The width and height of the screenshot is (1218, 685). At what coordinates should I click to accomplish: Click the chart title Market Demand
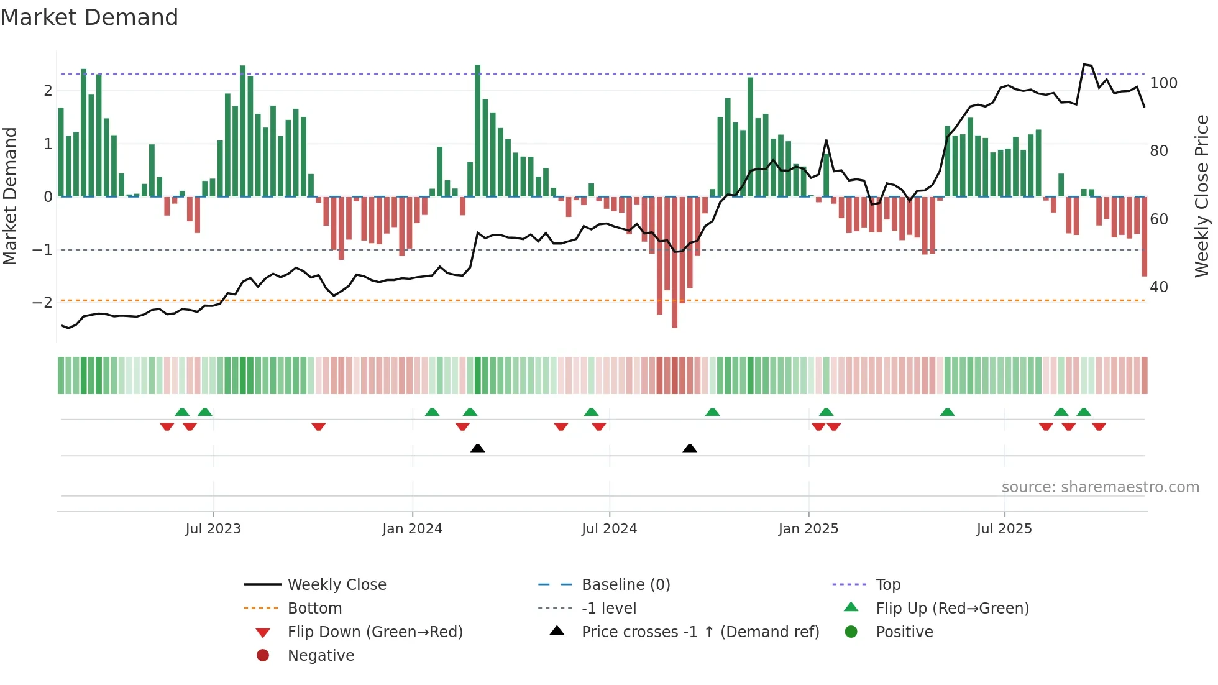(x=89, y=17)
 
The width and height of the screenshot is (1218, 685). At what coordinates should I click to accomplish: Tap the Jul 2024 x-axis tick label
(x=609, y=529)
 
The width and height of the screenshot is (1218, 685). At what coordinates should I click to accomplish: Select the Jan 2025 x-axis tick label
(x=808, y=529)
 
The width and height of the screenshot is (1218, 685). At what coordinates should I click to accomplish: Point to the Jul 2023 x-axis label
(x=213, y=529)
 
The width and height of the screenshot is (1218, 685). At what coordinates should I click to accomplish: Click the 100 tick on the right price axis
(x=1163, y=83)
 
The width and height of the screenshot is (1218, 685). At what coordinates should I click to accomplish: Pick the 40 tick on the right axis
(x=1159, y=287)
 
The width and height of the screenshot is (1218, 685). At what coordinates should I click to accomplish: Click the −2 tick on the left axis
(x=42, y=303)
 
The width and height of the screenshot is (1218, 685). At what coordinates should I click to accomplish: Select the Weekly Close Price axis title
(x=1202, y=196)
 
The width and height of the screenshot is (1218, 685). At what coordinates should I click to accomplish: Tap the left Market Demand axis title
(x=11, y=196)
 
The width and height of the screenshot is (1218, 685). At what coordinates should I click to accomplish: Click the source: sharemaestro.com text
(x=1100, y=487)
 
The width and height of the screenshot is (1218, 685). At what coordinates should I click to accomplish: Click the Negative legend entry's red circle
(x=263, y=656)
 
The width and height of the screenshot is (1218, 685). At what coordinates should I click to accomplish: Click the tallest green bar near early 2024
(x=477, y=131)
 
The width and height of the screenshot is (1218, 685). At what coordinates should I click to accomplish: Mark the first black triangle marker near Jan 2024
(x=477, y=448)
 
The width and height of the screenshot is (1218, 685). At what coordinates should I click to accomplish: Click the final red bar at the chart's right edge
(x=1144, y=236)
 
